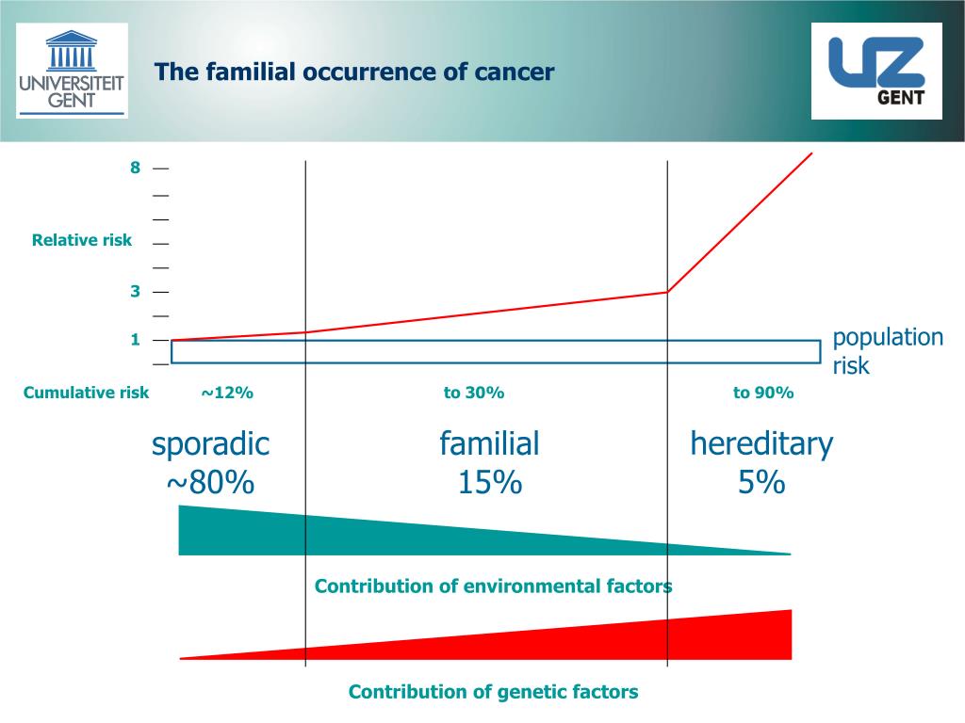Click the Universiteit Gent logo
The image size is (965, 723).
[72, 71]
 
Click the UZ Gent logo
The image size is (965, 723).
[876, 71]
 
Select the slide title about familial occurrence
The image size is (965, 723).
[354, 72]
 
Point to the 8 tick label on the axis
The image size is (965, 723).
[135, 168]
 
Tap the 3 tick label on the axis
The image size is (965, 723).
[135, 292]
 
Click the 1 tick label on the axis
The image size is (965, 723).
[135, 340]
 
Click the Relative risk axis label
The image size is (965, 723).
[82, 240]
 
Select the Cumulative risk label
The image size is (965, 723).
[86, 393]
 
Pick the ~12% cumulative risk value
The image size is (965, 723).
[226, 393]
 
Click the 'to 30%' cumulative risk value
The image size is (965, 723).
[474, 393]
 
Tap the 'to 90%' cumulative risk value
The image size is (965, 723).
[763, 393]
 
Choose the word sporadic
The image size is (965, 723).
[210, 443]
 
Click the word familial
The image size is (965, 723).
[489, 443]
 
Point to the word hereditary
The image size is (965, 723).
[761, 443]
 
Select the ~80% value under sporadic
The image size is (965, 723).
[210, 483]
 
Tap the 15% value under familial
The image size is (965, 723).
[489, 483]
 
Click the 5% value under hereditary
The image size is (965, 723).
[761, 483]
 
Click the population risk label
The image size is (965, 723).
[887, 351]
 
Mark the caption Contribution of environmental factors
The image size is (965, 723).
[493, 586]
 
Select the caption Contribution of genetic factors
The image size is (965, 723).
[493, 692]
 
